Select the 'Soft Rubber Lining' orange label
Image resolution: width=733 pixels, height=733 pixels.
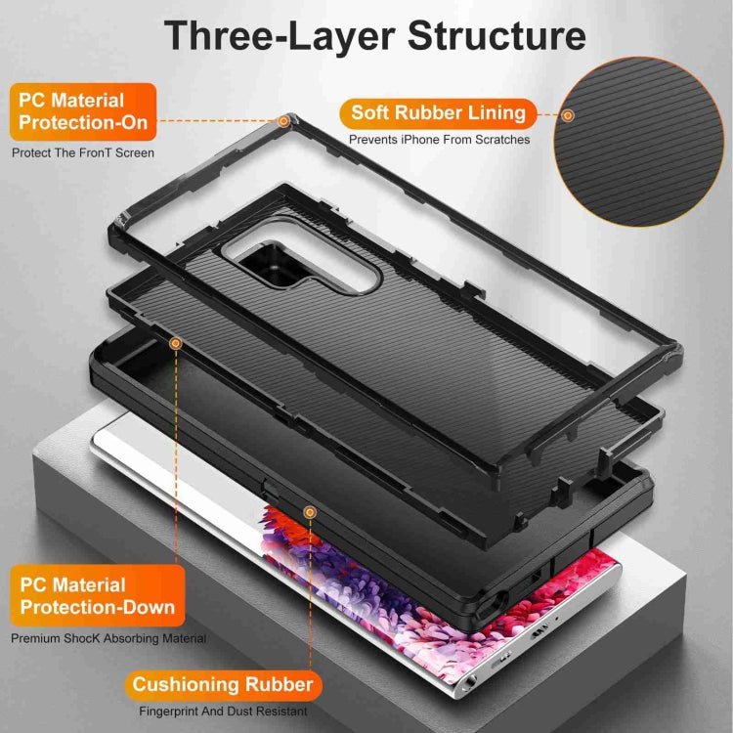pyautogui.click(x=439, y=112)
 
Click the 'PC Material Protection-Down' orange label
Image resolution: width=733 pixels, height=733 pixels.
pyautogui.click(x=97, y=596)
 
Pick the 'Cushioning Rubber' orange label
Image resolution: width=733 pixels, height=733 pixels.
pyautogui.click(x=223, y=684)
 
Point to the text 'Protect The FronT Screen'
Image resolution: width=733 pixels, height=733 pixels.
pyautogui.click(x=83, y=153)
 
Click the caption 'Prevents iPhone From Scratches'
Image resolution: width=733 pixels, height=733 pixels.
pyautogui.click(x=440, y=140)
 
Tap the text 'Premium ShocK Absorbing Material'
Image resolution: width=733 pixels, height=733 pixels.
pyautogui.click(x=108, y=638)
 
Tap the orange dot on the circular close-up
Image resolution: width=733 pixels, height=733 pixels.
pyautogui.click(x=568, y=115)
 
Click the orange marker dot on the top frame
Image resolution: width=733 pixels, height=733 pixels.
pyautogui.click(x=283, y=121)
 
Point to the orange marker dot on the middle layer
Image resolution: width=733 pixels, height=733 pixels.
pyautogui.click(x=176, y=343)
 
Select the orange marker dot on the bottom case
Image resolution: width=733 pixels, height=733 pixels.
pyautogui.click(x=310, y=511)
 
